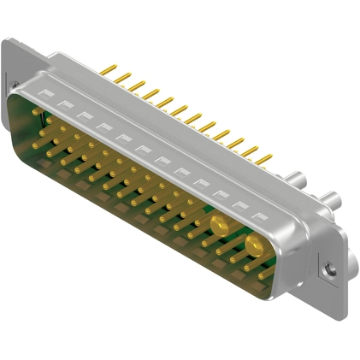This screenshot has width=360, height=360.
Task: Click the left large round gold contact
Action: tap(219, 226)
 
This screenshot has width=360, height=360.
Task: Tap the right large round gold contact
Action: tap(254, 248)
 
